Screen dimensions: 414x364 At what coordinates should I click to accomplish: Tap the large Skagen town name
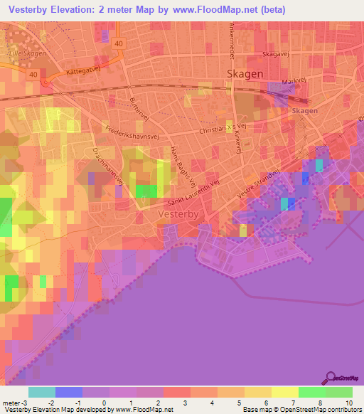[244, 74]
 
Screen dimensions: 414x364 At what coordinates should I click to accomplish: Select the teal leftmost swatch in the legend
[41, 392]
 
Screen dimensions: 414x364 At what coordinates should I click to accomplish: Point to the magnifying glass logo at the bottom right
[331, 378]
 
